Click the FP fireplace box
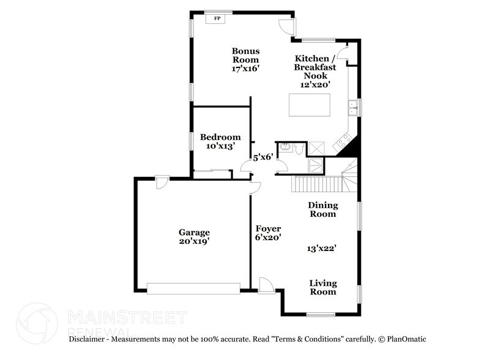pos(215,19)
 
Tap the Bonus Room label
pos(245,55)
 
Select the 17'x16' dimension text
pos(245,69)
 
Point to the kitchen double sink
pos(352,108)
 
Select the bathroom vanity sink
pos(285,148)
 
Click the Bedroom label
pos(220,137)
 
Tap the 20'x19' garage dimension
pos(194,242)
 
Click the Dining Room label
pos(322,210)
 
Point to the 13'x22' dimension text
pos(322,249)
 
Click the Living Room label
pos(322,287)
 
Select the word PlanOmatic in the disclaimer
pos(403,339)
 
